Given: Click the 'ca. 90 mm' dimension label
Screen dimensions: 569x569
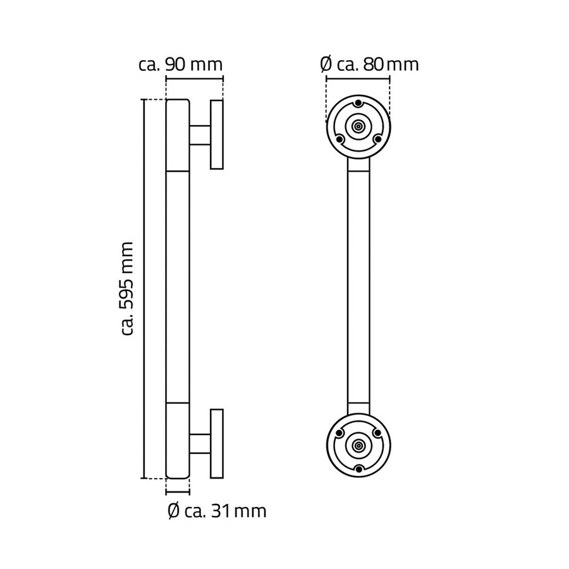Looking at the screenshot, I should (x=180, y=64).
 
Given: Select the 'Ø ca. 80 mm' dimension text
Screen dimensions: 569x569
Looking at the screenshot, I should (x=369, y=64).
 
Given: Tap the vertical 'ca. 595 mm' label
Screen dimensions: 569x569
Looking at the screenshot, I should (x=128, y=288).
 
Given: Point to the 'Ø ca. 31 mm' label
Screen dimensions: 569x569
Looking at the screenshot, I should (x=217, y=510).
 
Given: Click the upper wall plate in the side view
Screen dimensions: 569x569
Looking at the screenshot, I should (x=216, y=135).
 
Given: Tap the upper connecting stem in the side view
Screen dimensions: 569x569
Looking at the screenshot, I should (x=199, y=135).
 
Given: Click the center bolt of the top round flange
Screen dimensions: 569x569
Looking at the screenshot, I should (x=358, y=126).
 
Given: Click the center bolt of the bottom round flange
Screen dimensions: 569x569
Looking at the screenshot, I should (x=358, y=444).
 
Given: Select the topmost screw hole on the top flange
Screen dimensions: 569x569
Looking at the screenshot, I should (x=358, y=104).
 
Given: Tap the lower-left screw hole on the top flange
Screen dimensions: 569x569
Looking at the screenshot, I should (x=340, y=138).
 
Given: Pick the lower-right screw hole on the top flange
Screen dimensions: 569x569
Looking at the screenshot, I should (x=378, y=138).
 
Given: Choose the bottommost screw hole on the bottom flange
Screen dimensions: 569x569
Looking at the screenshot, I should (x=358, y=468).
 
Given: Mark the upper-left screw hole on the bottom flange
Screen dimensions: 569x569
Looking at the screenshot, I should (x=340, y=433).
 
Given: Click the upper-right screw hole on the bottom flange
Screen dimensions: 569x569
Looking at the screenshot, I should (x=378, y=433).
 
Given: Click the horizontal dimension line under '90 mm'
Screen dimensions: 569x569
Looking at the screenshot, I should (x=194, y=79).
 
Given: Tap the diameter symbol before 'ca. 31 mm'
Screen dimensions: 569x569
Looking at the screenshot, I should (x=174, y=511).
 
